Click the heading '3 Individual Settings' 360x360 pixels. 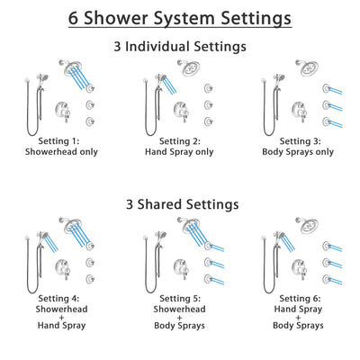coord(180,46)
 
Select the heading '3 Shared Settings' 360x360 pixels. coord(180,204)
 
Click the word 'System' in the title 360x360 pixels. coord(178,17)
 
